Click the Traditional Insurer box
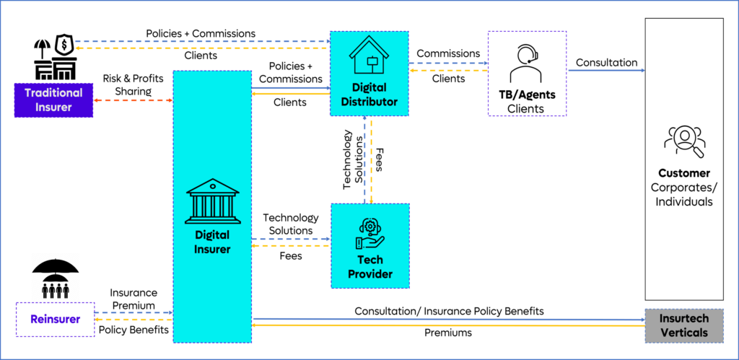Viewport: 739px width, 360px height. point(53,100)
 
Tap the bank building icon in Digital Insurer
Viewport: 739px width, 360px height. point(212,201)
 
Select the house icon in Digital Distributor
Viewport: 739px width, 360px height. point(369,57)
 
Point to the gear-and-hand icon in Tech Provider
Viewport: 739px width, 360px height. point(370,233)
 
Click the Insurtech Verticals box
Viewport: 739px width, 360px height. point(684,325)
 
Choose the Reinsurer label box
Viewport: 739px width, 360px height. point(56,319)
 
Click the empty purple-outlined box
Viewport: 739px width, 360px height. point(527,73)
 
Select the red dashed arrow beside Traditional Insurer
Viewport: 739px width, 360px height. point(134,100)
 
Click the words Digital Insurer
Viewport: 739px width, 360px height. point(212,242)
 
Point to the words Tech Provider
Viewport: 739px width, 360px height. point(370,267)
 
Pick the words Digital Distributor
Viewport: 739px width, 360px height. point(369,95)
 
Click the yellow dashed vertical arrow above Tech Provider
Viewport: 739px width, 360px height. point(372,159)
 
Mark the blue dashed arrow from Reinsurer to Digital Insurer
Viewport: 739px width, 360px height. point(134,312)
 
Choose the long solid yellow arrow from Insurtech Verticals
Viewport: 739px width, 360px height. point(447,325)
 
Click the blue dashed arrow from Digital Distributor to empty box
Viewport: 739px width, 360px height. point(448,63)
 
